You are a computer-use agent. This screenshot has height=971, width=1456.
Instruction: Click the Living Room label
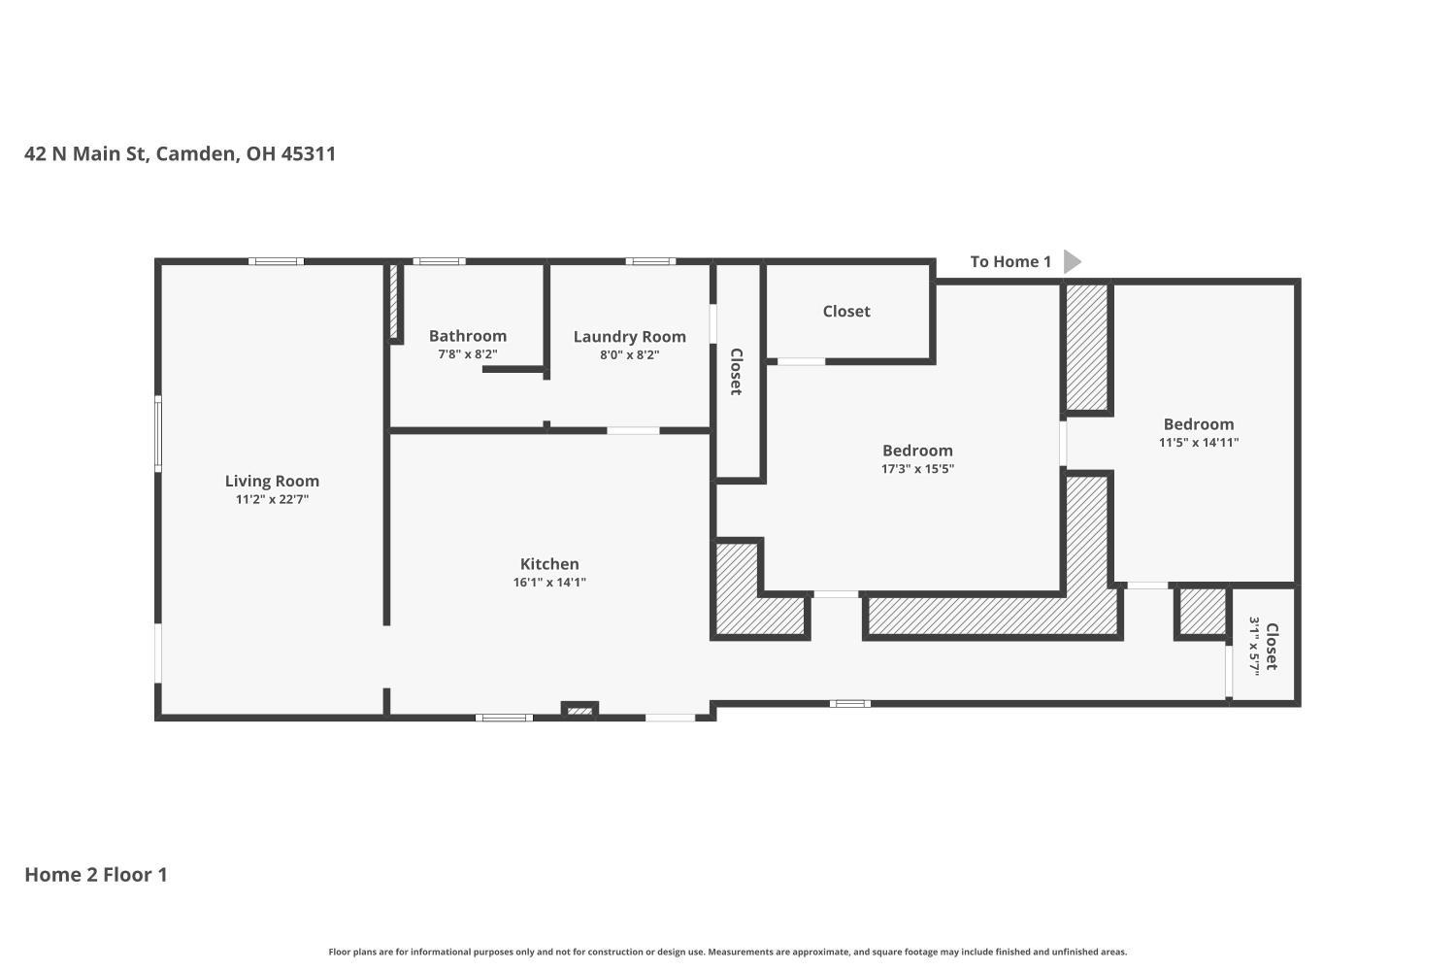[x=272, y=482]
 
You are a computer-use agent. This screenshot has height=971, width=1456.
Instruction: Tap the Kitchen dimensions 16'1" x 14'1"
[x=549, y=582]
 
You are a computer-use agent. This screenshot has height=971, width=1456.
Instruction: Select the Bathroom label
[x=467, y=336]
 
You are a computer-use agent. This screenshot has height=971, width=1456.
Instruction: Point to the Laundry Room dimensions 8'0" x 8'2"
[x=629, y=355]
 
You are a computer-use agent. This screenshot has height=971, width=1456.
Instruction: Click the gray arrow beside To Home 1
[x=1072, y=261]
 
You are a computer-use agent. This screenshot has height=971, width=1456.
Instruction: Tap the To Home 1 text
[x=1010, y=261]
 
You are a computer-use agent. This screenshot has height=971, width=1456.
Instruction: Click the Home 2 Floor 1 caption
[x=96, y=875]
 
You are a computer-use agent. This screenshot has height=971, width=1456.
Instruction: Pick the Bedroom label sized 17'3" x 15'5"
[x=917, y=451]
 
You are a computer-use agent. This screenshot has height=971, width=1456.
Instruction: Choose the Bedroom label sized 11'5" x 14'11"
[x=1199, y=424]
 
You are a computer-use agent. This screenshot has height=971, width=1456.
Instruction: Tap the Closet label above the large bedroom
[x=846, y=312]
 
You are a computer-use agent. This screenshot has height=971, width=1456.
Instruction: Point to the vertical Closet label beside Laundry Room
[x=736, y=371]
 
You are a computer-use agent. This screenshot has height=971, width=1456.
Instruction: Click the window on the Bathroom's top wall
[x=440, y=261]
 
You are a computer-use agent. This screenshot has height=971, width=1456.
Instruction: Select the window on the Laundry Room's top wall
[x=650, y=261]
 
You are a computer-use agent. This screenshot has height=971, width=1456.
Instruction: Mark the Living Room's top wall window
[x=277, y=261]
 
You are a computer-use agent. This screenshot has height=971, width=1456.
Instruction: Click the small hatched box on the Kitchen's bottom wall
[x=579, y=710]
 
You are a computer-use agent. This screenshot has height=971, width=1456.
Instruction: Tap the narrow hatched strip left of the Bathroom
[x=393, y=302]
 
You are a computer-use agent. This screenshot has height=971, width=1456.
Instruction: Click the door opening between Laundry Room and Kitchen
[x=633, y=430]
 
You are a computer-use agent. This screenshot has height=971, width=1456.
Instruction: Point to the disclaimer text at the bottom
[x=727, y=952]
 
